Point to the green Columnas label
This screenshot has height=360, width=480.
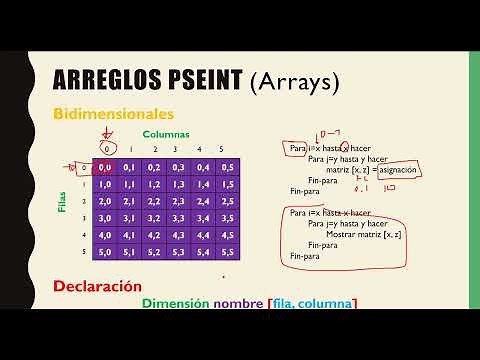tap(165, 133)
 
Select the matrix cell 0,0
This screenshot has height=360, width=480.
tap(106, 168)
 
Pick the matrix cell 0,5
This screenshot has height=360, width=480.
tap(230, 168)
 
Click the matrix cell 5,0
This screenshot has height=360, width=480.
tap(106, 253)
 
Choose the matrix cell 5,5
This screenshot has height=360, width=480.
tap(230, 253)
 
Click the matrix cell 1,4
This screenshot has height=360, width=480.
tap(205, 185)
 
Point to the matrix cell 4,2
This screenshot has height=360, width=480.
tap(156, 236)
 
